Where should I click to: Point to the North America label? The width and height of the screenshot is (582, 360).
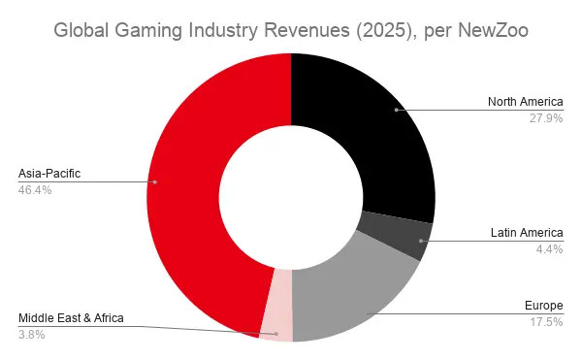(525, 102)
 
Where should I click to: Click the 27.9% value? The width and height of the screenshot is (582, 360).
(546, 118)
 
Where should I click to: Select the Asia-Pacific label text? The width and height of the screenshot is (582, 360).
(49, 174)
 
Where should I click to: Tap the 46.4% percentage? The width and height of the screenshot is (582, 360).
(35, 190)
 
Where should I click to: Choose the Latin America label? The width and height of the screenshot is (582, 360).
(527, 233)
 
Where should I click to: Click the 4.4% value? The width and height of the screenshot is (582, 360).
(549, 249)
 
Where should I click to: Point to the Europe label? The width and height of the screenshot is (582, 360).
(544, 306)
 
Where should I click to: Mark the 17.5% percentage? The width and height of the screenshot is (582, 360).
(546, 322)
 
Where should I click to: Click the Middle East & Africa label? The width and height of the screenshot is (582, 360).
(71, 318)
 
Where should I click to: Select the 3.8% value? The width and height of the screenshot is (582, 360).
(32, 335)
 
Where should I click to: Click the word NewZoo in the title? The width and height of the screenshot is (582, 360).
(493, 30)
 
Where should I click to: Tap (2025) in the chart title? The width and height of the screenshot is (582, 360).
(383, 30)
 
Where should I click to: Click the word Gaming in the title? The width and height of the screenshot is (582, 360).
(148, 31)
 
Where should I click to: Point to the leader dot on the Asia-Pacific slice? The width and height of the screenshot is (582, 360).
(155, 182)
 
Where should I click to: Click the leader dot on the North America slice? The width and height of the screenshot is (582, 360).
(397, 110)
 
